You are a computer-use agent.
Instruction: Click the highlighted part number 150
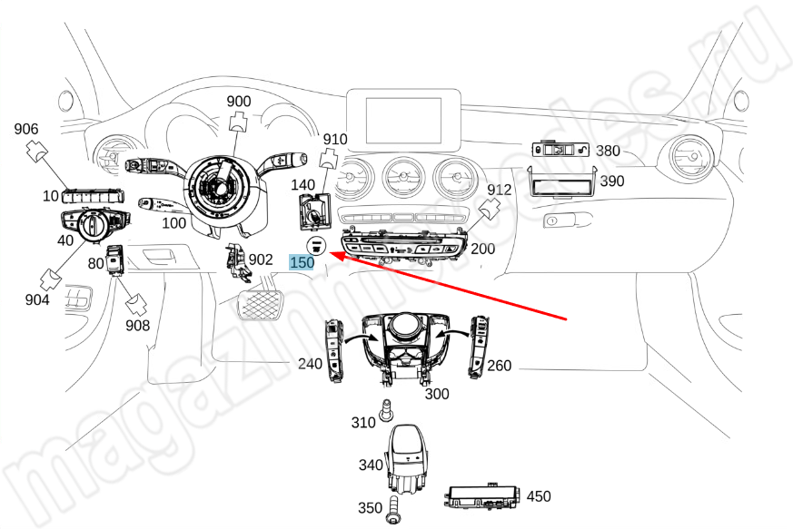tap(302, 262)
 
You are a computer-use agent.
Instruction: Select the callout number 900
tap(239, 101)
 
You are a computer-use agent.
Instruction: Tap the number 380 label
tap(609, 151)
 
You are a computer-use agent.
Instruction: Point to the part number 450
tap(539, 496)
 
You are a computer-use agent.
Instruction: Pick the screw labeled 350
tap(393, 508)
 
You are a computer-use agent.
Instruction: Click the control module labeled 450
tap(482, 496)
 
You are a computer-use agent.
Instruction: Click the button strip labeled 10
tap(94, 194)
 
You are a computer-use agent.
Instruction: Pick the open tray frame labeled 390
tap(561, 185)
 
